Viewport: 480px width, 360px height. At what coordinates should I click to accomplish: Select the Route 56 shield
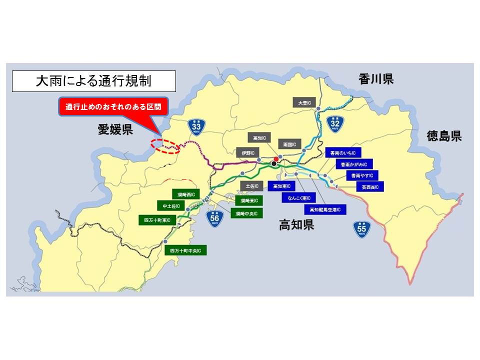pyautogui.click(x=214, y=218)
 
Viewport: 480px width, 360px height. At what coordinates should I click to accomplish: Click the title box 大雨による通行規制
pyautogui.click(x=94, y=81)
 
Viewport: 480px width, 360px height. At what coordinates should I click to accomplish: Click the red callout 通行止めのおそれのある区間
pyautogui.click(x=114, y=107)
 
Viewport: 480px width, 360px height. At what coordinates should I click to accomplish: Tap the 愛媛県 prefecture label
pyautogui.click(x=115, y=131)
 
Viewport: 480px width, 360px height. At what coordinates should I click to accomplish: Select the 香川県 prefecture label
pyautogui.click(x=376, y=78)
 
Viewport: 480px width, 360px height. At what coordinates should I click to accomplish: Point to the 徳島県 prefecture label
pyautogui.click(x=444, y=136)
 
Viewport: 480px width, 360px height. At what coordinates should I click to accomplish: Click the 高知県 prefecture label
pyautogui.click(x=296, y=225)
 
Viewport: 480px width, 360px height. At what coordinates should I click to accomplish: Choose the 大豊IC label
pyautogui.click(x=304, y=102)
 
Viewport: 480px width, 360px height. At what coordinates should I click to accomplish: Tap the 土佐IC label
pyautogui.click(x=251, y=186)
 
